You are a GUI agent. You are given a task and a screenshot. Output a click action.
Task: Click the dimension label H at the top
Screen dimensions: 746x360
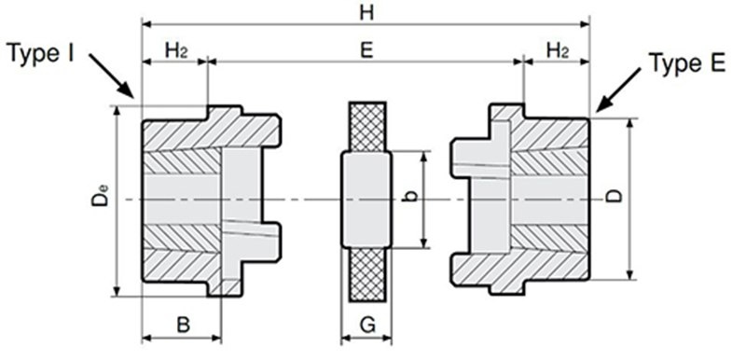point(366,12)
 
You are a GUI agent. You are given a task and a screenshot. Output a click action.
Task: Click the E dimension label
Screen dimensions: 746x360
point(366,50)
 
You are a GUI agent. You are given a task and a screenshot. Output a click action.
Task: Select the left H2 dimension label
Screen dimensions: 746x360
point(175,50)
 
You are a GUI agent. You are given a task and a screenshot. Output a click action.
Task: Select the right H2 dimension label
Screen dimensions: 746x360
point(557,50)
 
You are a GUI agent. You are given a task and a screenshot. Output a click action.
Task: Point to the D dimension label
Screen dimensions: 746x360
point(615,196)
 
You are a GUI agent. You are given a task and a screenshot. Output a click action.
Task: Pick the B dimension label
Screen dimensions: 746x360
point(183,325)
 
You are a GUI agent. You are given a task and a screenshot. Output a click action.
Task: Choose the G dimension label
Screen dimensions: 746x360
point(367,325)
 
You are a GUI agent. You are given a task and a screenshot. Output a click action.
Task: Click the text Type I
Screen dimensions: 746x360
point(41,53)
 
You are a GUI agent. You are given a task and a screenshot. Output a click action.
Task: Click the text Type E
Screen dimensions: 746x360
point(687,62)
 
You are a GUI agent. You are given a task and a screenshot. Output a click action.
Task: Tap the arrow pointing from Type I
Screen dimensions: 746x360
point(111,76)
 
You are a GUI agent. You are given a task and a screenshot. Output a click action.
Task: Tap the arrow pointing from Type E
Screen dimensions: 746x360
point(618,90)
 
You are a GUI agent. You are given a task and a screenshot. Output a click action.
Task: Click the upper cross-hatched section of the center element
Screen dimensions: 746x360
point(367,127)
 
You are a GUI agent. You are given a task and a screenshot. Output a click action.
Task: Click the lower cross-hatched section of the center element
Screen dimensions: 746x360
point(367,274)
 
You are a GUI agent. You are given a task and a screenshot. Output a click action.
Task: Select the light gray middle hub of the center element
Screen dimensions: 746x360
point(366,200)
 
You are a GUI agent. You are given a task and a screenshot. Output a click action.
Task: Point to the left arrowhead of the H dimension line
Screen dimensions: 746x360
point(147,23)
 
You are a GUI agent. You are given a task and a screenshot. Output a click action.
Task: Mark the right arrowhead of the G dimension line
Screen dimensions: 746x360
point(388,339)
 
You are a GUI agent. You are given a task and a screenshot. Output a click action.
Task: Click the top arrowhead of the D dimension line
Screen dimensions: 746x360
point(630,124)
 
